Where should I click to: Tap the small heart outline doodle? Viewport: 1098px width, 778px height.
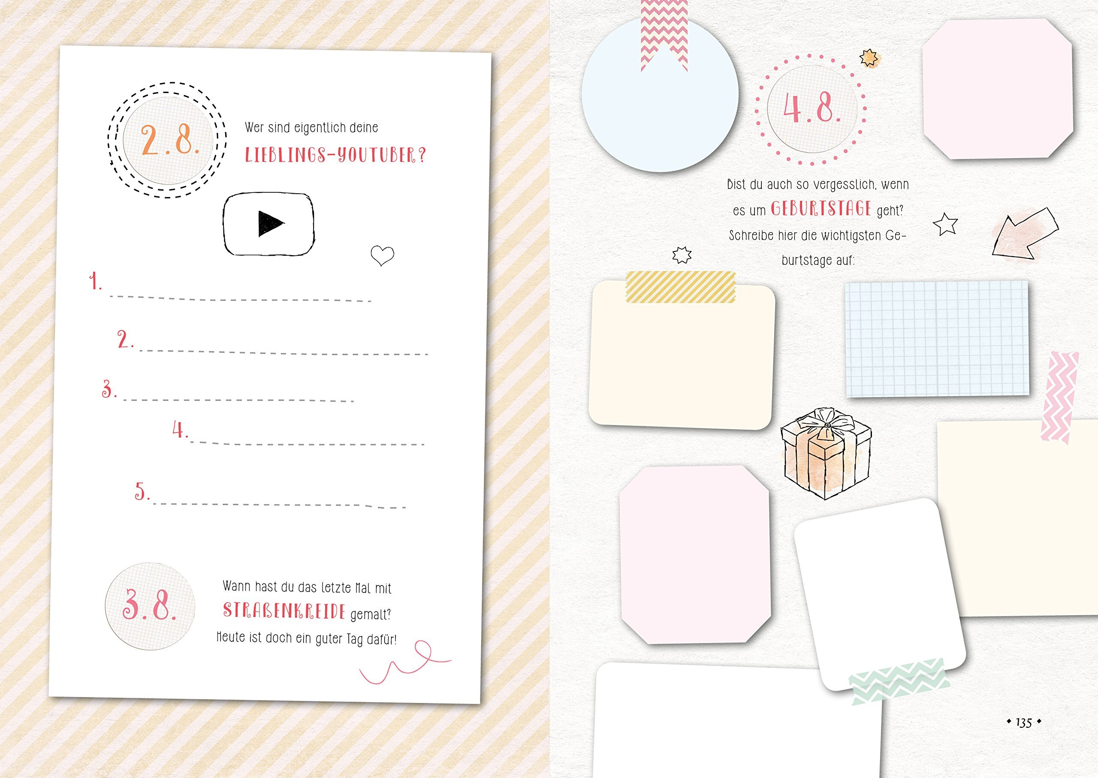[382, 255]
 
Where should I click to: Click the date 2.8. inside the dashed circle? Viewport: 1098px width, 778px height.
[170, 141]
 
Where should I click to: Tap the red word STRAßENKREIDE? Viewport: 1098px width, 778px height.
[284, 611]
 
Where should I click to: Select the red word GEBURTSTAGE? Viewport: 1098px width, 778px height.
[821, 209]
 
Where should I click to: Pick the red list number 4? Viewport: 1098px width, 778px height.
[180, 429]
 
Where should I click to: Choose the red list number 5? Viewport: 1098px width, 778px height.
[142, 491]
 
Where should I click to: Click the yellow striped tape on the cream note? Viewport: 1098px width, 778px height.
[680, 287]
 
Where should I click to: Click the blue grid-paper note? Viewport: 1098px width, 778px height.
[937, 339]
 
